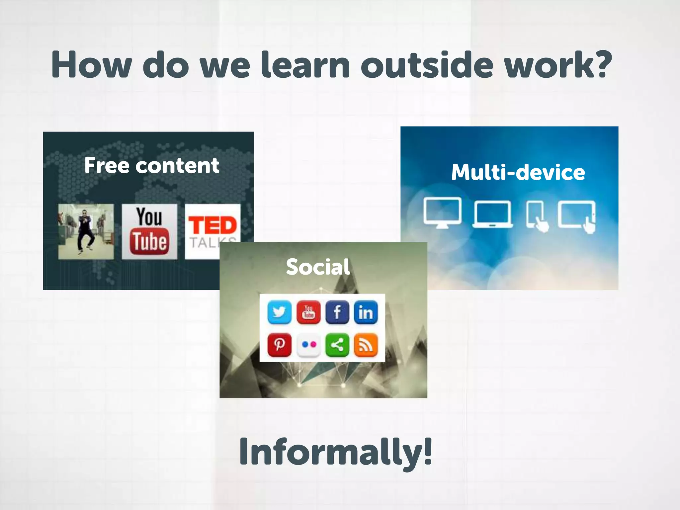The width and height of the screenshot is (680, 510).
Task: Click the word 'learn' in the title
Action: (305, 65)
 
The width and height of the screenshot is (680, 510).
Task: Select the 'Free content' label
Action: (152, 165)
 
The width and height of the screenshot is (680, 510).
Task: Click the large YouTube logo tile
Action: (149, 231)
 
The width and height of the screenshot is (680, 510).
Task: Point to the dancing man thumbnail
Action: (86, 231)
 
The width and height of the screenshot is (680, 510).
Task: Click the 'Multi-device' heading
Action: (518, 172)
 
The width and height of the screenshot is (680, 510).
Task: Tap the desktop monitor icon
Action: (442, 212)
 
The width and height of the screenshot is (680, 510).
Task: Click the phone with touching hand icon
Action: (537, 215)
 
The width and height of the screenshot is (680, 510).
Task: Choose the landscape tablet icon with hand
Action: (577, 215)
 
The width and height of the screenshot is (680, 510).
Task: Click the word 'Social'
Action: (318, 267)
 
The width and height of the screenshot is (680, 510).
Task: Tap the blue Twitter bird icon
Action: (279, 312)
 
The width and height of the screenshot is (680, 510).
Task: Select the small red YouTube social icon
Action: (308, 312)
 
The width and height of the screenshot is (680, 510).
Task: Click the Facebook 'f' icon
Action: (337, 312)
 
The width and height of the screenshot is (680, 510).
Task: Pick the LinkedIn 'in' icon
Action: (366, 312)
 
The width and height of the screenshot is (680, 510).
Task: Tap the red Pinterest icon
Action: (279, 345)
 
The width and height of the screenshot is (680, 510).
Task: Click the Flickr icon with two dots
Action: (308, 345)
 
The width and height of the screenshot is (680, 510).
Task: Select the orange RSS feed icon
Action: (366, 345)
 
